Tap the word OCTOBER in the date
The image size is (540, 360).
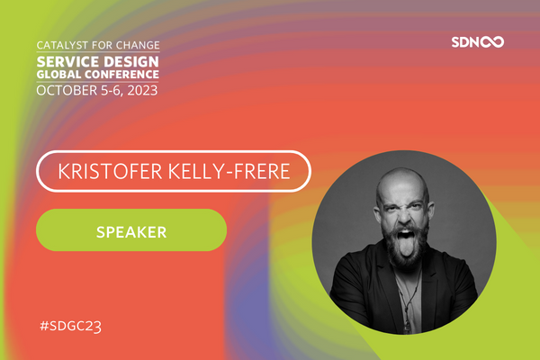[64, 90]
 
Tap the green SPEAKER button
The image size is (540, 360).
[130, 230]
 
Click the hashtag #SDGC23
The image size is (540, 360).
[71, 322]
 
